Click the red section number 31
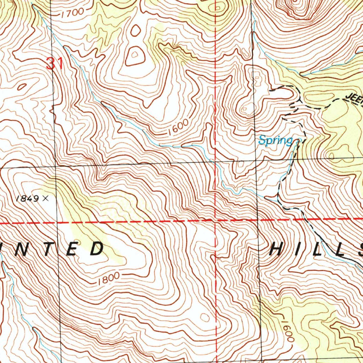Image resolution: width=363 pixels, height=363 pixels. tap(54, 64)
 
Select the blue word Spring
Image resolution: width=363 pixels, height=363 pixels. tap(275, 141)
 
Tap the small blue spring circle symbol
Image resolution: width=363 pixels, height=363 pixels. tap(298, 140)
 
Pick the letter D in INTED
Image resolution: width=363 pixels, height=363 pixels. tap(95, 249)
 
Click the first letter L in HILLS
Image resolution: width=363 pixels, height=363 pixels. tap(318, 249)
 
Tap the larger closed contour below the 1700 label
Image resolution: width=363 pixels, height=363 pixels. tap(135, 57)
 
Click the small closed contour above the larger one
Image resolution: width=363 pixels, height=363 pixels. tap(135, 30)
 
